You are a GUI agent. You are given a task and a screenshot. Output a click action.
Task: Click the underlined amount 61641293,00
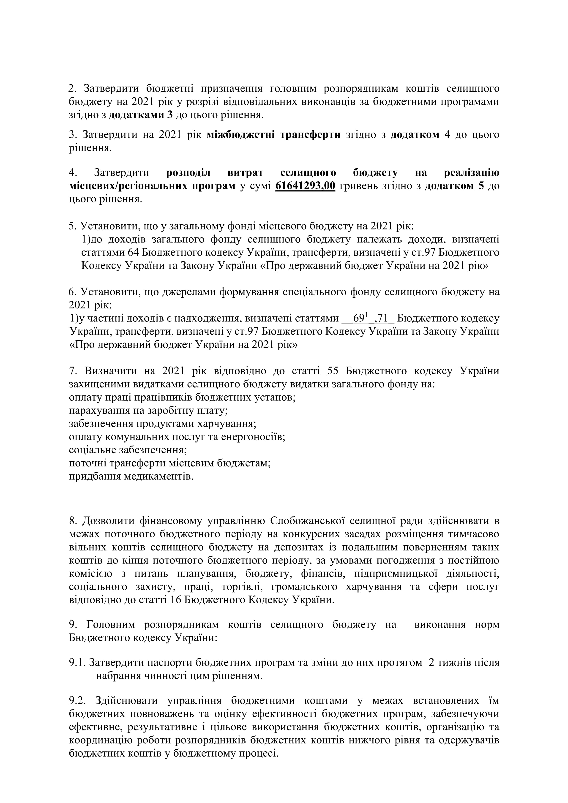click(x=305, y=186)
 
